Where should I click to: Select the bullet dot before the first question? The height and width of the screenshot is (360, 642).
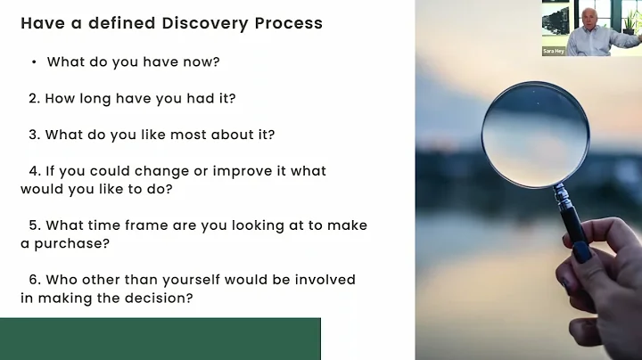pyautogui.click(x=33, y=62)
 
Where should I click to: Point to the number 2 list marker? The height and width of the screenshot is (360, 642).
pyautogui.click(x=33, y=98)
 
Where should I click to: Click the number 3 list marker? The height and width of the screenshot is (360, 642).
pyautogui.click(x=33, y=135)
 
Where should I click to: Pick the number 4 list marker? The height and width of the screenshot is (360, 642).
pyautogui.click(x=34, y=170)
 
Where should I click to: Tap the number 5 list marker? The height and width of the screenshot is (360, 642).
pyautogui.click(x=34, y=225)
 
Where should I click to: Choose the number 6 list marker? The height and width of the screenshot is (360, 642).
pyautogui.click(x=34, y=280)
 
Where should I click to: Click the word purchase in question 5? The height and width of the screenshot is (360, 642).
pyautogui.click(x=65, y=243)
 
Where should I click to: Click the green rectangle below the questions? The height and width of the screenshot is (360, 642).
pyautogui.click(x=160, y=339)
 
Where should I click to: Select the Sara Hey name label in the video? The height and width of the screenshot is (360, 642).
pyautogui.click(x=555, y=52)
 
